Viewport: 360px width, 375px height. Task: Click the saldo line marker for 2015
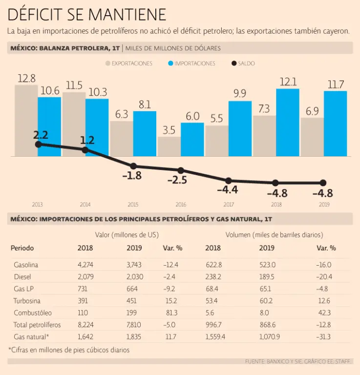133,166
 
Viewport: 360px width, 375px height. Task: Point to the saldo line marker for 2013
38,145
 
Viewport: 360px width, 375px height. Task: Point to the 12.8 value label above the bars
26,78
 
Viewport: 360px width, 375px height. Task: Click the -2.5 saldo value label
177,180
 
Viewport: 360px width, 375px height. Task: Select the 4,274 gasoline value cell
85,265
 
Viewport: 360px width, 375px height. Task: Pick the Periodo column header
22,248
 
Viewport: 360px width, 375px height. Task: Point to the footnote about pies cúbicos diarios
69,350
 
